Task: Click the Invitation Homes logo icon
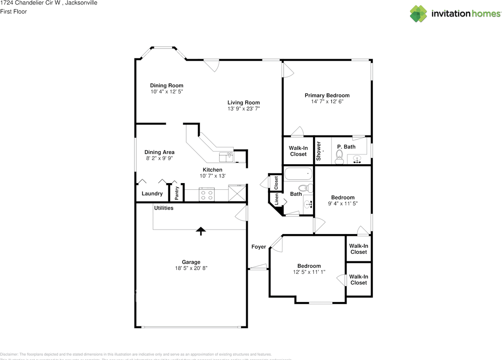tap(418, 14)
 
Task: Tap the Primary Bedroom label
tap(327, 95)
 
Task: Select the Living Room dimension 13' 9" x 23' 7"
tap(244, 109)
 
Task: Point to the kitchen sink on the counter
tap(226, 157)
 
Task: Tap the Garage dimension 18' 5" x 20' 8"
tap(191, 268)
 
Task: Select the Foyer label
tap(258, 247)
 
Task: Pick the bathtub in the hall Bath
tap(298, 174)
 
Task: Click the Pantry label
tap(177, 193)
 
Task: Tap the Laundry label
tap(152, 194)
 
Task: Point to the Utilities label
tap(164, 208)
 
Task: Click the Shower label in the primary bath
tap(318, 151)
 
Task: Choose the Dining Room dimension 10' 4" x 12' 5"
tap(167, 91)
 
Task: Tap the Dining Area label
tap(159, 152)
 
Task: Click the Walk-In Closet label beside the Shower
tap(298, 151)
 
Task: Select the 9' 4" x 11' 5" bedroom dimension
tap(343, 204)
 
